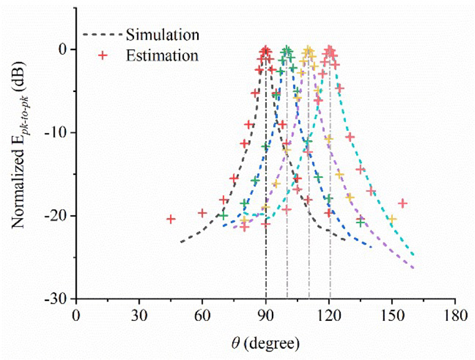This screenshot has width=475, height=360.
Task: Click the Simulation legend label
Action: (x=162, y=34)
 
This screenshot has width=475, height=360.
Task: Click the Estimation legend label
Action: (x=161, y=56)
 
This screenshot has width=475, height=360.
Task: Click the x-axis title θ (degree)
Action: (x=265, y=343)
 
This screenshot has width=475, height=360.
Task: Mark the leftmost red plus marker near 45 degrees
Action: (x=170, y=219)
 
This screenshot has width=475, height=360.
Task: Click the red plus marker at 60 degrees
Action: (x=202, y=213)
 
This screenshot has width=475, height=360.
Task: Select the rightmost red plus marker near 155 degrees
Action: (x=403, y=203)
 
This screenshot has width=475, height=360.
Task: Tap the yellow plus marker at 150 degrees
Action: (x=392, y=219)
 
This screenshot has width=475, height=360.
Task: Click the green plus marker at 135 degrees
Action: (x=360, y=222)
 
